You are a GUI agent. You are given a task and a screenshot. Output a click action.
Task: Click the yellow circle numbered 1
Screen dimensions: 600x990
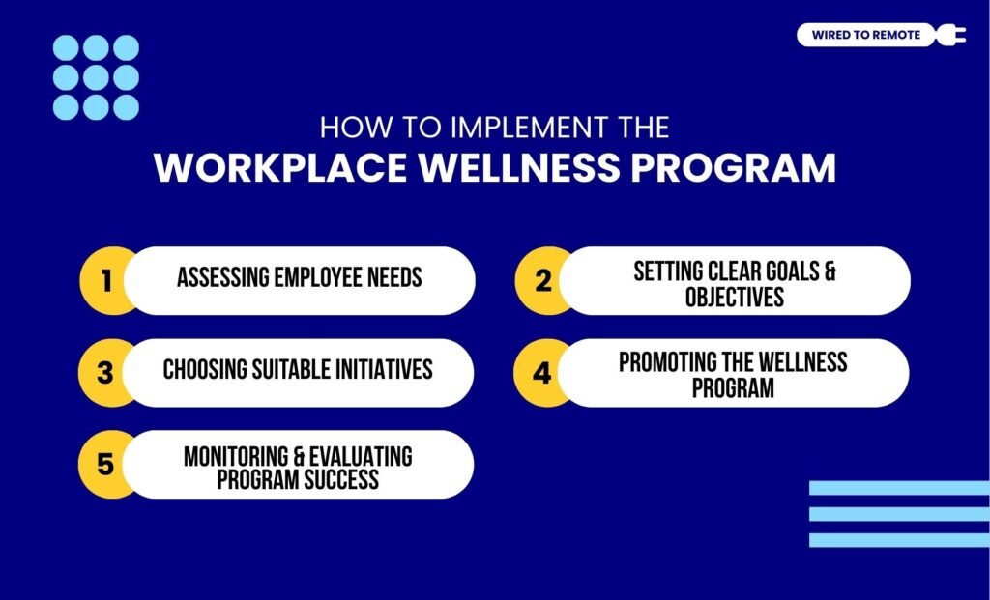click(105, 280)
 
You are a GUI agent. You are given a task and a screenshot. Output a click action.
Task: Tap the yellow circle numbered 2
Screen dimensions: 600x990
click(541, 280)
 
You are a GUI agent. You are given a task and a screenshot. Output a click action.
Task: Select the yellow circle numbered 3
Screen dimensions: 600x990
click(105, 372)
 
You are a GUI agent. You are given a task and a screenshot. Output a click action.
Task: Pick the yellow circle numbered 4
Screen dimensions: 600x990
click(541, 372)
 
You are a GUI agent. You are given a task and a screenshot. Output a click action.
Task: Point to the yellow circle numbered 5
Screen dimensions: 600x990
click(105, 465)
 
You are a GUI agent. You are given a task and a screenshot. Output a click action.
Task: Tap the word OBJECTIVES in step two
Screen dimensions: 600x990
click(735, 298)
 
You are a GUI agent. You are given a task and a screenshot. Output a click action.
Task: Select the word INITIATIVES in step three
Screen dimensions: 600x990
click(379, 370)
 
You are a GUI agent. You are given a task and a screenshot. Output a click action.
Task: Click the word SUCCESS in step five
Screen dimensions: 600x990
click(338, 478)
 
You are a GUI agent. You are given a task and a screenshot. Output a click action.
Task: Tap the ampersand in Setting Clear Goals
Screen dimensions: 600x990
click(829, 271)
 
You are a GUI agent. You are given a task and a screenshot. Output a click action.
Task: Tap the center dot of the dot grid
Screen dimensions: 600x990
click(96, 77)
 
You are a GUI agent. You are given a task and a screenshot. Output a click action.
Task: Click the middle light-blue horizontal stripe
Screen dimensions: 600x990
click(898, 514)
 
